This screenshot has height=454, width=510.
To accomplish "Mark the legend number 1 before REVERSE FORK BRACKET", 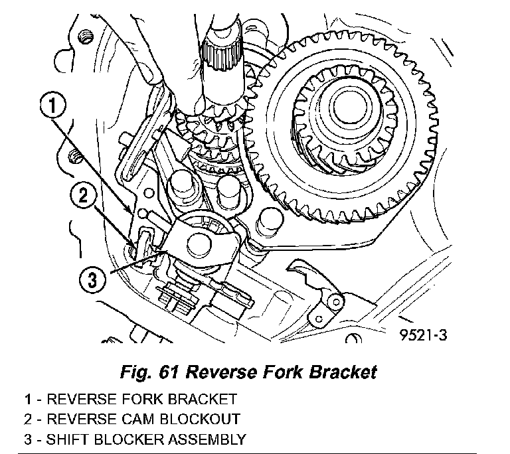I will click(x=28, y=400).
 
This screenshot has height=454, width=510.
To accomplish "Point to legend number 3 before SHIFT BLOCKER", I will click(x=28, y=439).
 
